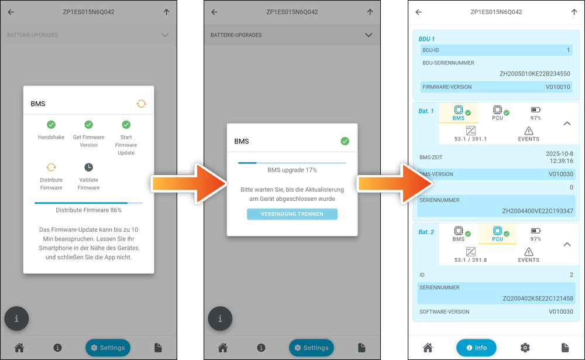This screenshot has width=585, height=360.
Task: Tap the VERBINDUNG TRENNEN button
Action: [x=292, y=214]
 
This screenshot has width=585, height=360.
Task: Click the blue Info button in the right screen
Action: [x=476, y=348]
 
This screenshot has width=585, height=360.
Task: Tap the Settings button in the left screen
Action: [x=108, y=348]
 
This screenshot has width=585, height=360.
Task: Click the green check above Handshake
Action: [x=51, y=124]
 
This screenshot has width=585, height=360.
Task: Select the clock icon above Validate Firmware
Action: [x=88, y=167]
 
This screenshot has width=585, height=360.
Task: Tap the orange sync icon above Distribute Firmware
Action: [x=51, y=167]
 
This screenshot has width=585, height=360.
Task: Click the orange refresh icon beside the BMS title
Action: [x=142, y=104]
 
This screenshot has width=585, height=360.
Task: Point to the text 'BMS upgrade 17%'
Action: [x=292, y=170]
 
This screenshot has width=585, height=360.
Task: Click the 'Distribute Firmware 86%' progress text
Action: [x=89, y=210]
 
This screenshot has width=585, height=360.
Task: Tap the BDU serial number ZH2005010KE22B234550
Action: [x=535, y=74]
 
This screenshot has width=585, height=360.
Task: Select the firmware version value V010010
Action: [x=558, y=87]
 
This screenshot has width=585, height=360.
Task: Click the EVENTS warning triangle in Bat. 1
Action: [x=529, y=131]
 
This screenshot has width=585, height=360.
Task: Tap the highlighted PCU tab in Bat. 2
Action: [x=497, y=234]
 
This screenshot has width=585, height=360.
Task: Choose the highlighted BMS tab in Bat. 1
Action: [x=459, y=113]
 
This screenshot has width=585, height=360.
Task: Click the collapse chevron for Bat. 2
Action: [x=567, y=244]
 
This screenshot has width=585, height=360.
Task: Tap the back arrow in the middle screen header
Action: [x=215, y=12]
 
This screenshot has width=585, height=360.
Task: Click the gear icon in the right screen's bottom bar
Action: [x=525, y=348]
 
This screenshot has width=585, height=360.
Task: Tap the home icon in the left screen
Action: [x=19, y=348]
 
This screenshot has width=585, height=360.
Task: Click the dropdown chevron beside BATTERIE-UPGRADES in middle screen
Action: [x=369, y=35]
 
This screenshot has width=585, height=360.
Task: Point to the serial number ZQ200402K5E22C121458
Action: [x=538, y=299]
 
